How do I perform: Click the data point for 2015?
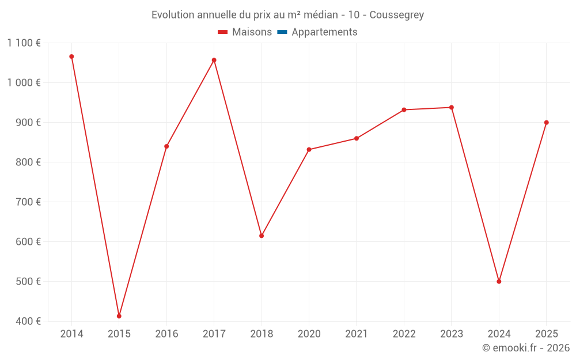119,316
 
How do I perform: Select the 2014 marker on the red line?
71,56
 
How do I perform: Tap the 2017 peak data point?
214,60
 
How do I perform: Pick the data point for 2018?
262,236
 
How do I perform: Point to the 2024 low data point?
499,282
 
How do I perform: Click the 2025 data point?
547,122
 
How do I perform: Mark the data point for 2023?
452,107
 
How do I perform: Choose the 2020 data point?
309,150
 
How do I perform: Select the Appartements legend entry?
324,32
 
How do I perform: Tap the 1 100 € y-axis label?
24,43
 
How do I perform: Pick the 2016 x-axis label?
166,334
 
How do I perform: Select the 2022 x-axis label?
404,334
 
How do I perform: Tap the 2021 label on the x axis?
357,334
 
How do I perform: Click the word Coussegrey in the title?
397,15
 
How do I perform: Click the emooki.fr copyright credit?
526,348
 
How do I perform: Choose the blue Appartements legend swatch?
282,32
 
